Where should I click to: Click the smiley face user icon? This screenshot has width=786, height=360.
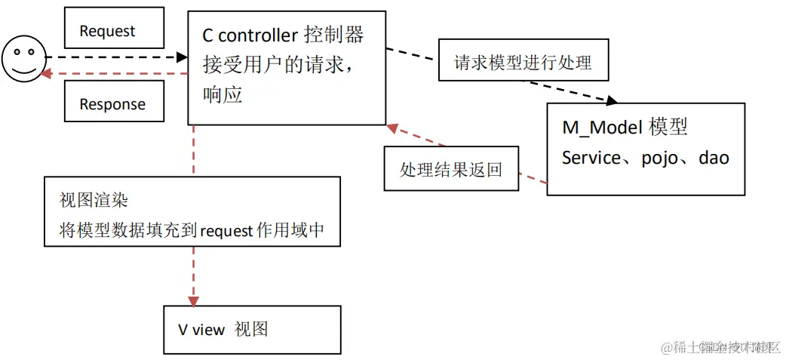[x=23, y=60]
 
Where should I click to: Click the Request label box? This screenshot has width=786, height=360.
[x=113, y=29]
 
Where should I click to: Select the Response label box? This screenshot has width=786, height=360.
[x=113, y=103]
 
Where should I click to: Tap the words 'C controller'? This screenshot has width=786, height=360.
[x=250, y=35]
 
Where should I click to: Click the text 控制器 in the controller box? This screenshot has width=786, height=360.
[x=333, y=35]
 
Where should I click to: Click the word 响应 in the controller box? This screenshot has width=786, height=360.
[x=223, y=95]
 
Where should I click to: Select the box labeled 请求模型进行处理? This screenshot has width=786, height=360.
[x=523, y=62]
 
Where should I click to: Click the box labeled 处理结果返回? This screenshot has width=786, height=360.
[x=451, y=168]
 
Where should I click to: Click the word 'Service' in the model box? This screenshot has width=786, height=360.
[x=590, y=158]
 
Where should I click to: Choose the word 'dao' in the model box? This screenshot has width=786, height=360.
[x=714, y=158]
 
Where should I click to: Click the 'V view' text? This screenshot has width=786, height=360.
[x=201, y=329]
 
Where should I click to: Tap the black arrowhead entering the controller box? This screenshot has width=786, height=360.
[x=182, y=57]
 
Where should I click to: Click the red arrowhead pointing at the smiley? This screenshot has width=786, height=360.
[x=47, y=73]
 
